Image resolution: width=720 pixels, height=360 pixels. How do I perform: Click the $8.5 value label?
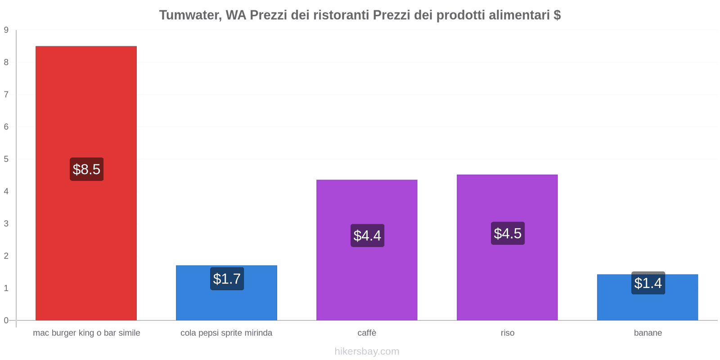tap(86, 169)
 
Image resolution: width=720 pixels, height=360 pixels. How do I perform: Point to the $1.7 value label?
tap(227, 279)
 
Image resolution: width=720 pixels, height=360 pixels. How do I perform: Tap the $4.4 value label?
tap(367, 235)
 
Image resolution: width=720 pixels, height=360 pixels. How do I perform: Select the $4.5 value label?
tap(508, 233)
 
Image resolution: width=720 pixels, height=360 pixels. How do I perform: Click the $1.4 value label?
tap(648, 283)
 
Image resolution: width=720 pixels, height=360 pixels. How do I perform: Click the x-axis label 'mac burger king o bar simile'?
tap(86, 333)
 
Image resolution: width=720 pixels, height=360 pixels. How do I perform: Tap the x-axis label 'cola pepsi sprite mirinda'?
tap(226, 333)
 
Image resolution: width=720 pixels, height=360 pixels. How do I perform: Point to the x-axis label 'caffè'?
tap(367, 333)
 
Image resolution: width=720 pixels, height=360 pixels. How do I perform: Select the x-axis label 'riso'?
tap(507, 333)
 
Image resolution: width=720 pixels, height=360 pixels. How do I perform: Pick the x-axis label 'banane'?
tap(648, 333)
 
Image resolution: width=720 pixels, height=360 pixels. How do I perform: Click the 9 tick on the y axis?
tap(6, 30)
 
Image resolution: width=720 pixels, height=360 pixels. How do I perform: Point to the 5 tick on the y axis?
tap(6, 159)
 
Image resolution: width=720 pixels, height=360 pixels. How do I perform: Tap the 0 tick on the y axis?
tap(6, 320)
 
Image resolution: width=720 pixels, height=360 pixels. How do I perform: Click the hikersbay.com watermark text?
tap(367, 351)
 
